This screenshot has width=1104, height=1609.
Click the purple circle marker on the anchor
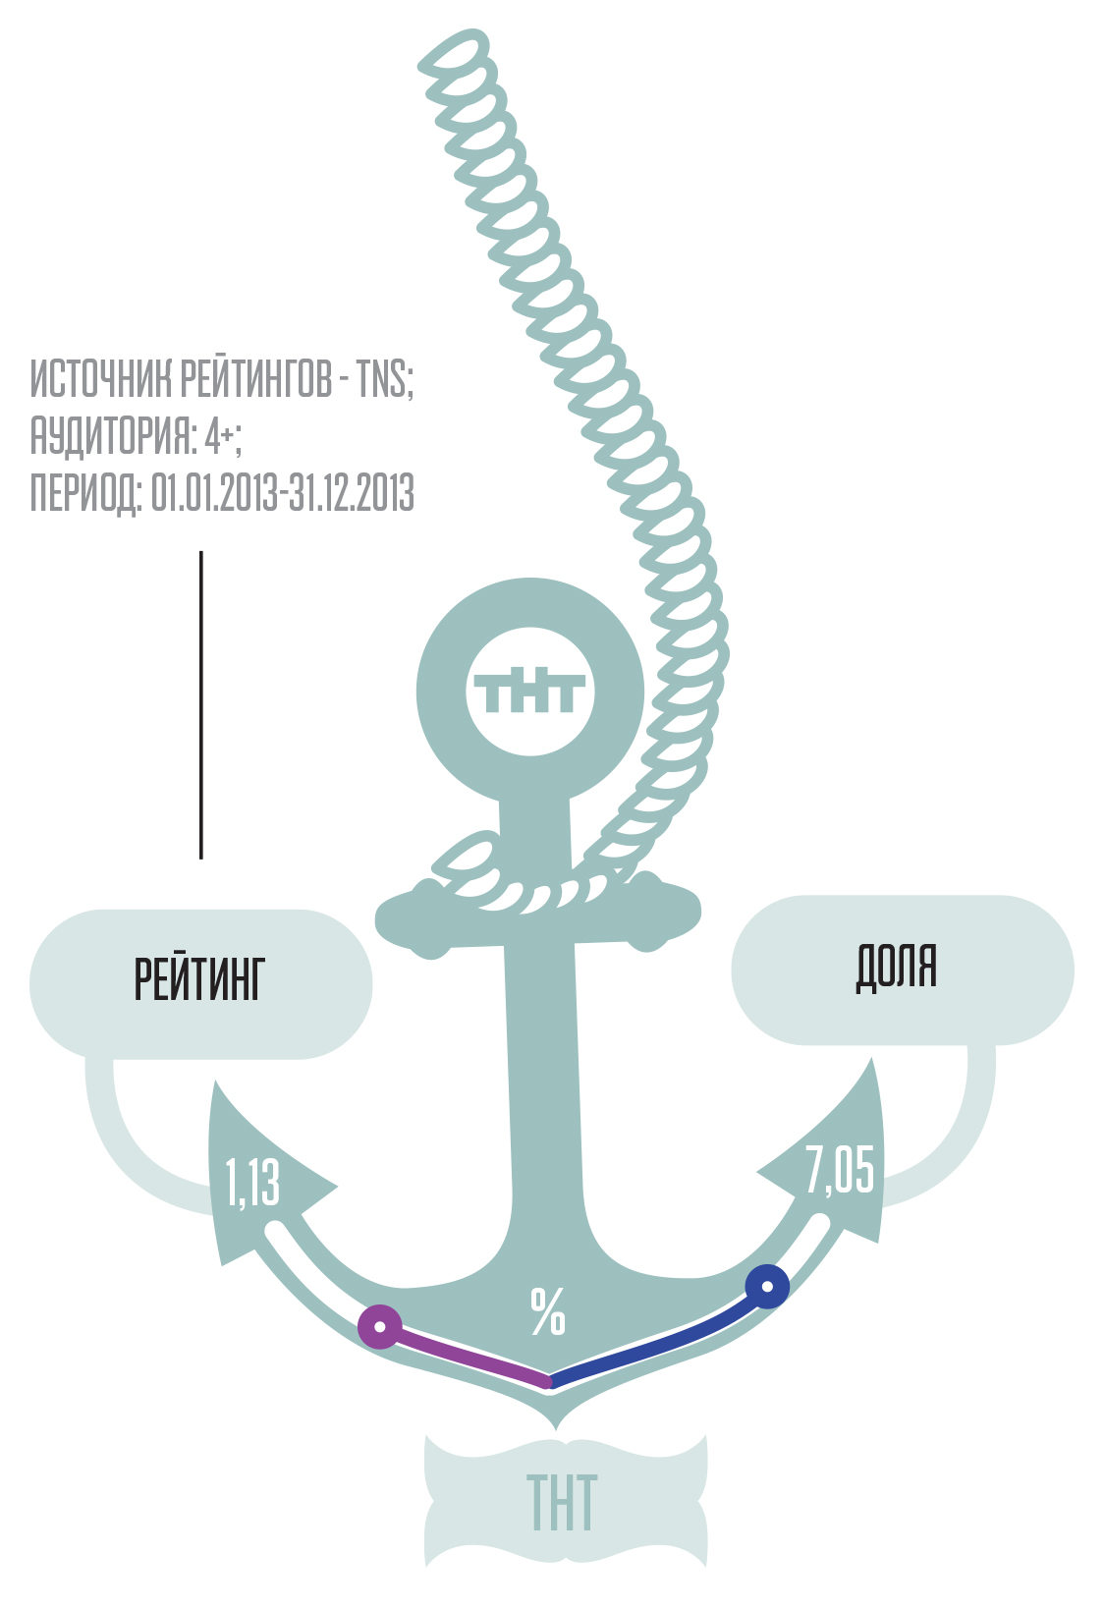tap(380, 1327)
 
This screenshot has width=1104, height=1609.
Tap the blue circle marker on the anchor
tap(767, 1286)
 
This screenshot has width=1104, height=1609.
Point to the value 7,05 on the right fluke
tap(840, 1170)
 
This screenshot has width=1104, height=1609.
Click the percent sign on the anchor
tap(548, 1311)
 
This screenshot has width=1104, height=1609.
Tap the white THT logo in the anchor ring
tap(529, 692)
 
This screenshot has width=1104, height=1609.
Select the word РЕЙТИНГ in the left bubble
tap(199, 979)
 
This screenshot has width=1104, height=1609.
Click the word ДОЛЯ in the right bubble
tap(897, 968)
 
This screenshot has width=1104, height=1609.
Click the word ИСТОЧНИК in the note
tap(100, 379)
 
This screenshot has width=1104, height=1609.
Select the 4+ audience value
tap(220, 436)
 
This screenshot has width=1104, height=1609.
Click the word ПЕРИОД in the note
tap(84, 493)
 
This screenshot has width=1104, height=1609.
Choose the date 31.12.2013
tap(353, 493)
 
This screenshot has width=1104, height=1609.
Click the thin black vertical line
tap(201, 704)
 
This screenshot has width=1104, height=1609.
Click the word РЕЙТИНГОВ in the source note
tap(256, 379)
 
